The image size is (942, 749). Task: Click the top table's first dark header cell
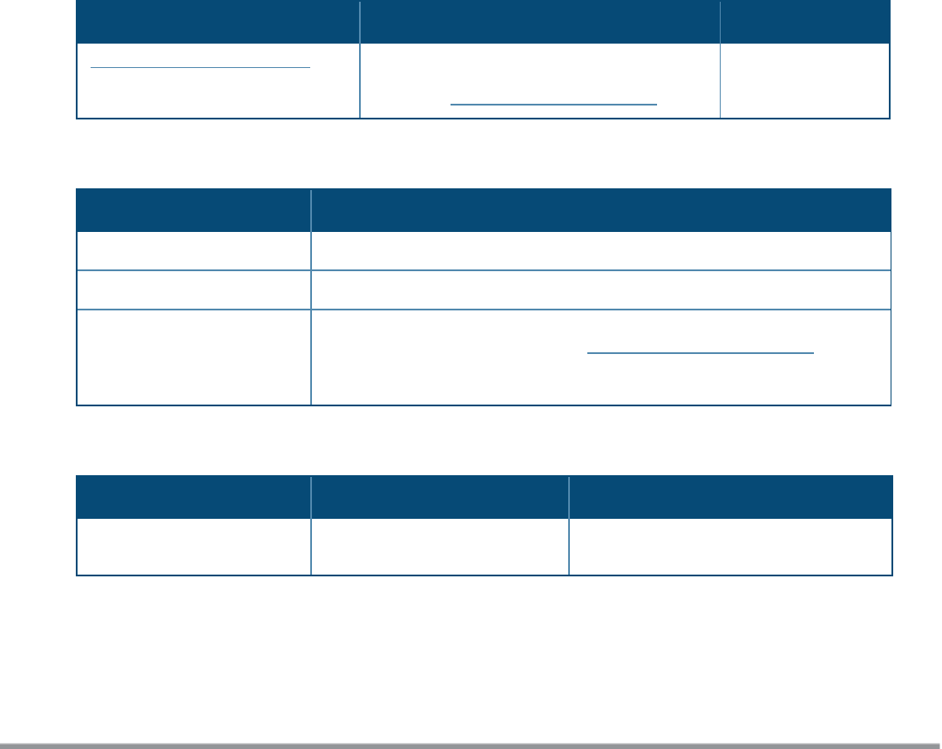tap(218, 22)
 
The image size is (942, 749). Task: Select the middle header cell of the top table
tap(539, 22)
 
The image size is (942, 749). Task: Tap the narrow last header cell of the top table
tap(804, 22)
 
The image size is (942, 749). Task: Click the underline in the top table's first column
tap(200, 66)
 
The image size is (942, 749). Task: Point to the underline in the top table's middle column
tap(553, 104)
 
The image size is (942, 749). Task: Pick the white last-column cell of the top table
tap(804, 80)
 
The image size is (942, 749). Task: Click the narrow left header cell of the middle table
tap(193, 210)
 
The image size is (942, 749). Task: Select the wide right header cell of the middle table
tap(600, 210)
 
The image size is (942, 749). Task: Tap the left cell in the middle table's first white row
tap(193, 250)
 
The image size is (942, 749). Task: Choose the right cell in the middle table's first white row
tap(600, 250)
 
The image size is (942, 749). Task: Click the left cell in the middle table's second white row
tap(193, 289)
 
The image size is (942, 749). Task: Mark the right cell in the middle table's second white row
tap(600, 289)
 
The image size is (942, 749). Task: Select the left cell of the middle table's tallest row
tap(193, 357)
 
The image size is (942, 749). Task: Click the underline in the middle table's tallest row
tap(700, 353)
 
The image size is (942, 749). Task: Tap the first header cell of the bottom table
tap(193, 497)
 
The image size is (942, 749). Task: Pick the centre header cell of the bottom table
tap(439, 497)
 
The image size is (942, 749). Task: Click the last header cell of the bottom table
tap(730, 497)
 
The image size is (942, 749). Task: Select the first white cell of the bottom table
tap(193, 547)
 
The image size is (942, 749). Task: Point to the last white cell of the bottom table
tap(730, 547)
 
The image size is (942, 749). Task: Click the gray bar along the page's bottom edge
tap(471, 746)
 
